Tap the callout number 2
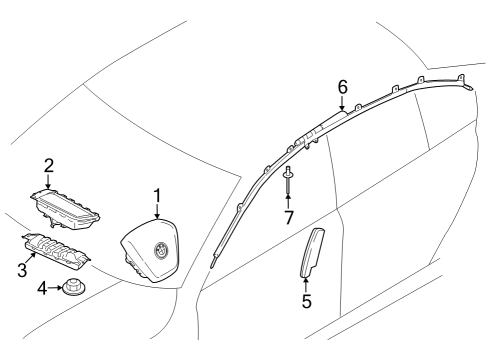pyautogui.click(x=48, y=165)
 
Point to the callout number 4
pyautogui.click(x=41, y=289)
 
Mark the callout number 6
pyautogui.click(x=343, y=87)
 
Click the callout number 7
pyautogui.click(x=288, y=217)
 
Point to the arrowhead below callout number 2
pyautogui.click(x=48, y=185)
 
